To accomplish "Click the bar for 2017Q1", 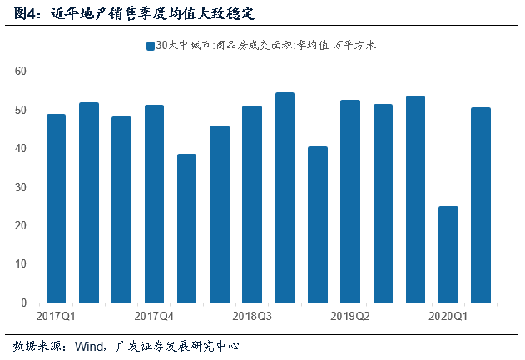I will [56, 208].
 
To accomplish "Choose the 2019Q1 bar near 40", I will [317, 224].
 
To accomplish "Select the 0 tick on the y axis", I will [26, 303].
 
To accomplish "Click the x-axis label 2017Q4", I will [154, 316].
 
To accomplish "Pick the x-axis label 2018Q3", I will [252, 316].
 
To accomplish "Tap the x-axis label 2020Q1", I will [448, 316].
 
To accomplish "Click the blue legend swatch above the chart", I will [150, 46].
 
